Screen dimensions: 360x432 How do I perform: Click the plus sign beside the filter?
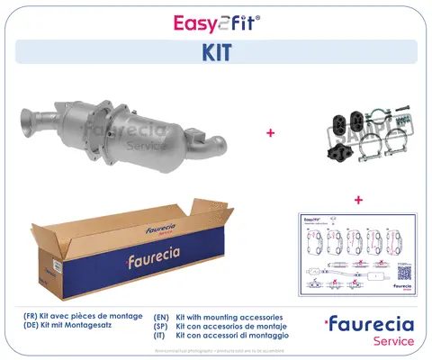coord(269,133)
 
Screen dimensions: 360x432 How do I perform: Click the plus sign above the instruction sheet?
coord(358,199)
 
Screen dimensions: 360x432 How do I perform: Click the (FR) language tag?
coord(34,318)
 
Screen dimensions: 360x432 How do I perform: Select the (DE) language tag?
coord(34,328)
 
